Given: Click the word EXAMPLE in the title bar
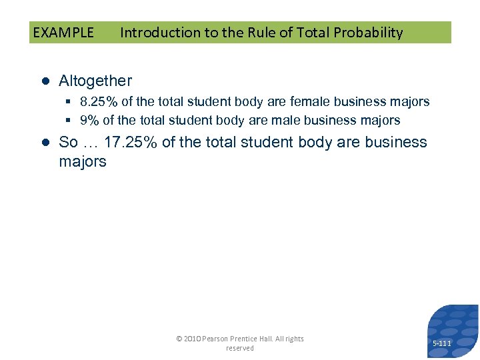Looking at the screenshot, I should tap(63, 33).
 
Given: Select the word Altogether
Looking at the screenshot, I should tap(95, 81).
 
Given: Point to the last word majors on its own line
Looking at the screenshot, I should tap(82, 162).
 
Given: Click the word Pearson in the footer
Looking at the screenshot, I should tap(217, 339).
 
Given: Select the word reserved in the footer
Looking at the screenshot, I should tap(239, 349).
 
